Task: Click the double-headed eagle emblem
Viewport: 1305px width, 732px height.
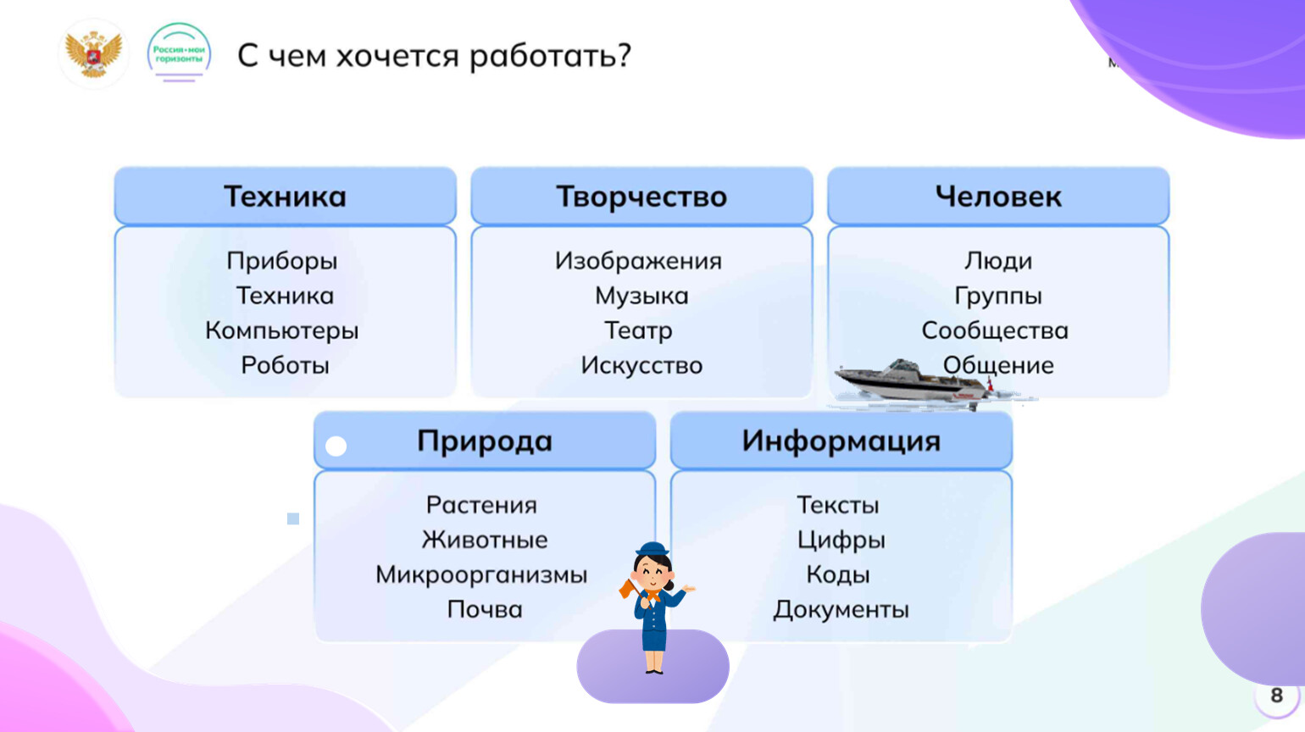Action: point(93,53)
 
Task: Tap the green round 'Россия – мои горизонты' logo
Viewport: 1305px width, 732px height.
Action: point(179,53)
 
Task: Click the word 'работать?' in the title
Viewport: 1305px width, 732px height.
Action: point(551,57)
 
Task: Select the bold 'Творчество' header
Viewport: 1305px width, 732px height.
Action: point(641,197)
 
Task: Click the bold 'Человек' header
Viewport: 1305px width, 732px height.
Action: point(998,197)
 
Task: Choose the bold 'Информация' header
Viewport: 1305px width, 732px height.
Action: point(841,441)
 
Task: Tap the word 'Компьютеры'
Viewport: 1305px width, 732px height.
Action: point(282,331)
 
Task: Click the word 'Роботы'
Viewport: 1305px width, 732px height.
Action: point(285,366)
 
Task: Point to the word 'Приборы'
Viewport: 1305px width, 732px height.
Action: point(282,262)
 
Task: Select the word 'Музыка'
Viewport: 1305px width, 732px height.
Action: point(641,297)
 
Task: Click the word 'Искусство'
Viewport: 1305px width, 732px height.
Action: point(641,366)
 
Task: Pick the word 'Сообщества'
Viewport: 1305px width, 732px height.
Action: point(995,330)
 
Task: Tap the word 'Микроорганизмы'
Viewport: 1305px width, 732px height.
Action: point(481,575)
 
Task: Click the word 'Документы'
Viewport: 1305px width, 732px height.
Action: point(841,610)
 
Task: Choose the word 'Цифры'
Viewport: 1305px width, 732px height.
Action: point(841,541)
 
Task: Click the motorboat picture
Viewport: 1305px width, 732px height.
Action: point(920,383)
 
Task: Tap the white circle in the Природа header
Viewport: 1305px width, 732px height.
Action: point(336,446)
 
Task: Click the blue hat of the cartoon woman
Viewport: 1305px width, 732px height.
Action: point(652,549)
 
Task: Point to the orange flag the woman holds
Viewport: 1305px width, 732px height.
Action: point(629,587)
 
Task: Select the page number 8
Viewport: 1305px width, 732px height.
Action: point(1276,696)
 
